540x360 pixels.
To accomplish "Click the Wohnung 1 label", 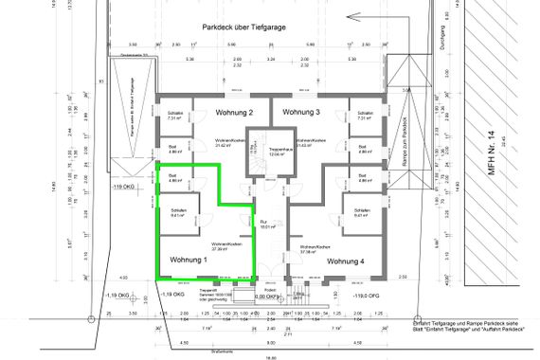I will (x=189, y=260).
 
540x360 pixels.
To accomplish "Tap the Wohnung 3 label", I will (x=304, y=113).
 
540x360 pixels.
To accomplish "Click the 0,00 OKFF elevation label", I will (x=267, y=297).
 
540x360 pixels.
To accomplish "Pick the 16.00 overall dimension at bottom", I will (x=269, y=357).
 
